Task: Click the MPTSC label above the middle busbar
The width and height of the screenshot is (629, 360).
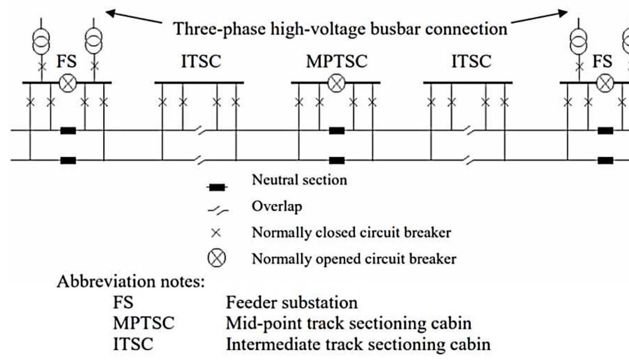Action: [x=336, y=61]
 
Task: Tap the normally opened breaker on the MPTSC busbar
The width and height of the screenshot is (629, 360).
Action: [x=337, y=83]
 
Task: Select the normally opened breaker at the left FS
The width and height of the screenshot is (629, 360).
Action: [x=67, y=83]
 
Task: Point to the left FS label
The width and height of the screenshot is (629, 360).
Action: [x=66, y=61]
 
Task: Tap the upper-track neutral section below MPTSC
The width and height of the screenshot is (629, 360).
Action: [x=337, y=131]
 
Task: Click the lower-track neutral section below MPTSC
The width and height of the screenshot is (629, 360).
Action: [x=337, y=160]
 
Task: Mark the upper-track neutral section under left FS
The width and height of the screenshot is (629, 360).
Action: [x=68, y=131]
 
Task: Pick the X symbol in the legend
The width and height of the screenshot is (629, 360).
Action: [x=218, y=233]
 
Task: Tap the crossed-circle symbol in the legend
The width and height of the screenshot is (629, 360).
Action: [x=218, y=258]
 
